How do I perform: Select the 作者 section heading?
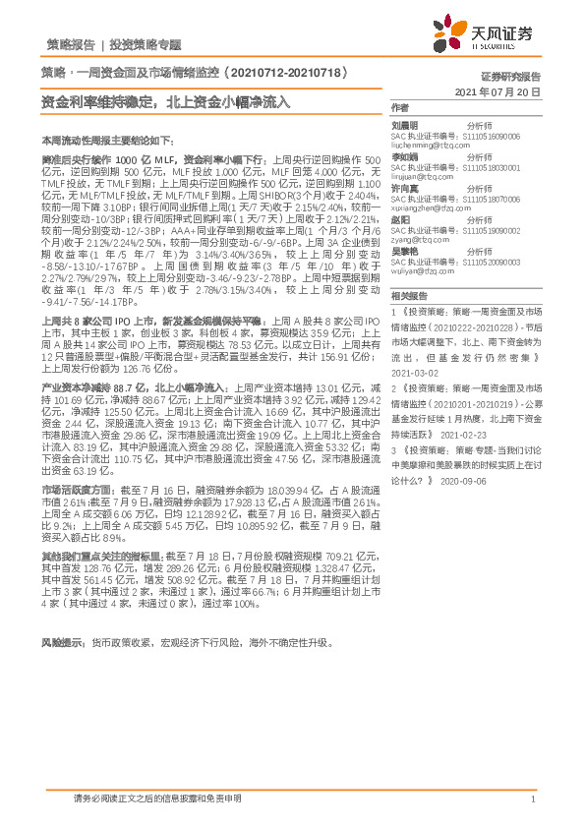(x=398, y=108)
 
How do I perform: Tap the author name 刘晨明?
(x=405, y=126)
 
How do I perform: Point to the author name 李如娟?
(x=405, y=156)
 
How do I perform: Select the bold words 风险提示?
(x=61, y=642)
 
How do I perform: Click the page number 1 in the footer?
(x=532, y=799)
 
